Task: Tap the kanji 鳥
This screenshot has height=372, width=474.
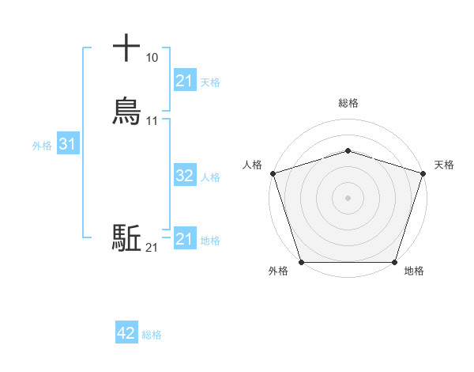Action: (126, 111)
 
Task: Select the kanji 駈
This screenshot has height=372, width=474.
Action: (126, 238)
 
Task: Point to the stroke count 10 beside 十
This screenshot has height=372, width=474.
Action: (152, 58)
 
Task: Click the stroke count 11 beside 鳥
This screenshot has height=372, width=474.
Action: (152, 121)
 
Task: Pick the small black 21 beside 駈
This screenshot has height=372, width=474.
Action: (152, 248)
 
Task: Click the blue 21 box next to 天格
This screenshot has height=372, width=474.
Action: (184, 81)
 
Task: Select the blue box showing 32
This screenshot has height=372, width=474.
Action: (184, 176)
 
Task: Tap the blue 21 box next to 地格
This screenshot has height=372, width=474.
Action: (184, 239)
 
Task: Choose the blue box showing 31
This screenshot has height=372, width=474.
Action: (67, 145)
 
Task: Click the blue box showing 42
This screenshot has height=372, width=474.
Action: (126, 334)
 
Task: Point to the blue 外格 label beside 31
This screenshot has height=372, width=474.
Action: (42, 146)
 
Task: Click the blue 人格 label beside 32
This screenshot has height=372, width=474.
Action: (211, 177)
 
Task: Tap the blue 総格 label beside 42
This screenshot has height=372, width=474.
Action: (152, 335)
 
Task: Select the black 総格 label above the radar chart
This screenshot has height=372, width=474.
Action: (348, 103)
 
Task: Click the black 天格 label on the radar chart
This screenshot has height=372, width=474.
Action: (444, 165)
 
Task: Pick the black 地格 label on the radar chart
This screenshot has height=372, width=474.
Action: (414, 271)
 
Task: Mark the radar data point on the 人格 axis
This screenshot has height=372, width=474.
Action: (273, 173)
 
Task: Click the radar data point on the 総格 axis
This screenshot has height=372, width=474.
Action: (348, 150)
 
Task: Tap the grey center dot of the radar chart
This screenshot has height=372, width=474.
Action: (348, 197)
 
